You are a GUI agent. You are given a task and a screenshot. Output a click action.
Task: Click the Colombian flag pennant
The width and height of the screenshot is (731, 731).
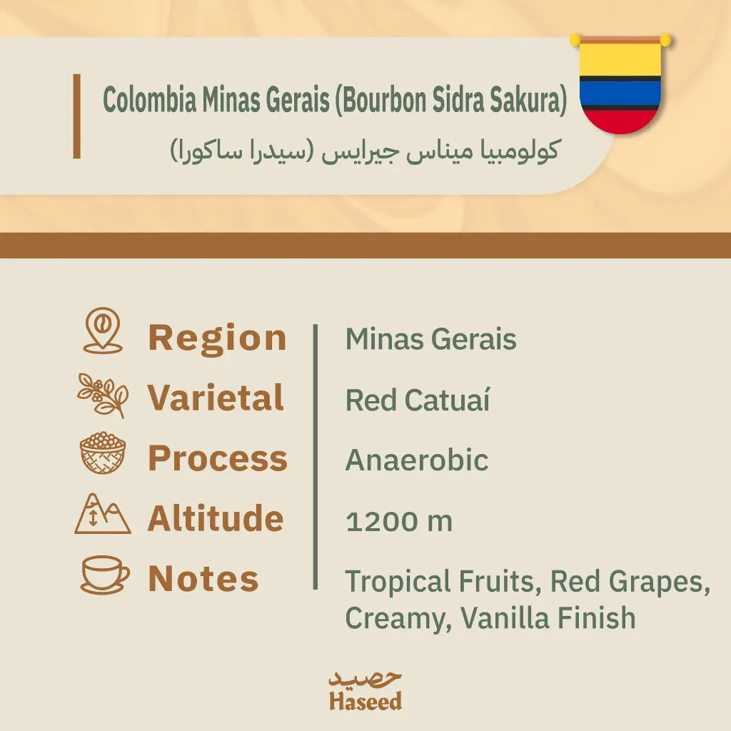(x=620, y=84)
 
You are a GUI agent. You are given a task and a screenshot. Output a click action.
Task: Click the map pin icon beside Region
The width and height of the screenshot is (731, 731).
(x=103, y=331)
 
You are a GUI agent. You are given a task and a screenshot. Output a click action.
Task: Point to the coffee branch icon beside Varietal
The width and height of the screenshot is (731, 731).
(x=103, y=395)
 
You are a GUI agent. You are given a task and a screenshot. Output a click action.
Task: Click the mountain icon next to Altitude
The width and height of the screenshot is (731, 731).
(x=103, y=513)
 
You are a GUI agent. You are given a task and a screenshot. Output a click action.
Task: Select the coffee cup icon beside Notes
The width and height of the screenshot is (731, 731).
(x=105, y=575)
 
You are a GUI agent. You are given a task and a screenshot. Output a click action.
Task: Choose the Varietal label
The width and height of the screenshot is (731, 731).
(x=216, y=398)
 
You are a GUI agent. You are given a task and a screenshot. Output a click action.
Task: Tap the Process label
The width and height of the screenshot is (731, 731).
(x=218, y=458)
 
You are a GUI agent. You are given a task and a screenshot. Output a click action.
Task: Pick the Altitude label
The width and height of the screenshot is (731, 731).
(x=216, y=518)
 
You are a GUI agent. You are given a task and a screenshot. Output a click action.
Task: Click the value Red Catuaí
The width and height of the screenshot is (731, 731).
(x=418, y=400)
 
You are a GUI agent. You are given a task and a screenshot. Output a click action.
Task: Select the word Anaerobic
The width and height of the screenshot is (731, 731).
(x=417, y=460)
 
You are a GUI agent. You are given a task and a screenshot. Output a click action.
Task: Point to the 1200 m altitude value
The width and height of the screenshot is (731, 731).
(x=399, y=520)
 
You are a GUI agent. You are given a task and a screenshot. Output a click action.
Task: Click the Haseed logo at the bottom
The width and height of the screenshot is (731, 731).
(x=365, y=690)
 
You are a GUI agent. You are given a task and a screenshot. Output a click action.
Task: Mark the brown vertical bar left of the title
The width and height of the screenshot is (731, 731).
(x=77, y=116)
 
